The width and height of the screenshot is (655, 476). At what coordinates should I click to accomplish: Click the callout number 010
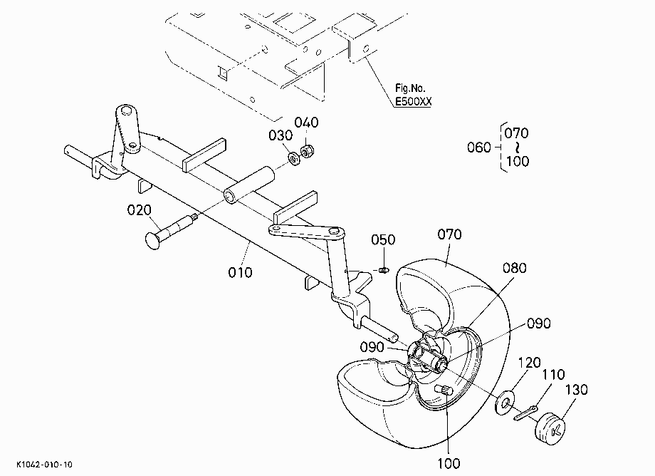tap(240, 272)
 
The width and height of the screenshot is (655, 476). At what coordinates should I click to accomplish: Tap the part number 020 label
tap(139, 209)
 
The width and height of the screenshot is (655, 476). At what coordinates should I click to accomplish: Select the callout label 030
tap(281, 135)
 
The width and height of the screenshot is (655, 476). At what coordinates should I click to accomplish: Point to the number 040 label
tap(307, 123)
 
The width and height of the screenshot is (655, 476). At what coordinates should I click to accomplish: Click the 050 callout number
tap(383, 239)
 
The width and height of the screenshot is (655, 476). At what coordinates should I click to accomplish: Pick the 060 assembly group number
tap(479, 147)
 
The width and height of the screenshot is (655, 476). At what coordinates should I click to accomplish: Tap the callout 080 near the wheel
tap(514, 268)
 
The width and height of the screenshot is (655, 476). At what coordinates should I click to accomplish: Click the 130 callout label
tap(577, 390)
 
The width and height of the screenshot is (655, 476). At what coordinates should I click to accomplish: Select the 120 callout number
tap(529, 362)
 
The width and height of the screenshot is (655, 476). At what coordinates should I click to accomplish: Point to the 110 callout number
tap(553, 374)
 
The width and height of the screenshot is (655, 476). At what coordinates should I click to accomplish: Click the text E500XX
tap(414, 102)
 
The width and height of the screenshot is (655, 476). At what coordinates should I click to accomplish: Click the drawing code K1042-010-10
tap(44, 465)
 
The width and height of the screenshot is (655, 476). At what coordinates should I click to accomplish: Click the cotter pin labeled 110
tap(526, 412)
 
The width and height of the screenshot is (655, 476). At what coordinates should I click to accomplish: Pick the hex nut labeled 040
tap(308, 151)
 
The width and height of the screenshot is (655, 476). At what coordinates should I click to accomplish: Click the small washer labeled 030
tap(295, 158)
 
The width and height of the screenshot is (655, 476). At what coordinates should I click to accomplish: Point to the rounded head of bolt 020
tap(152, 240)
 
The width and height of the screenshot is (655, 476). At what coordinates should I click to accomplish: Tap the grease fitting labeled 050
tap(384, 270)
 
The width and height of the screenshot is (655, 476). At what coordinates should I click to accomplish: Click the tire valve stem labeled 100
tap(444, 390)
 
